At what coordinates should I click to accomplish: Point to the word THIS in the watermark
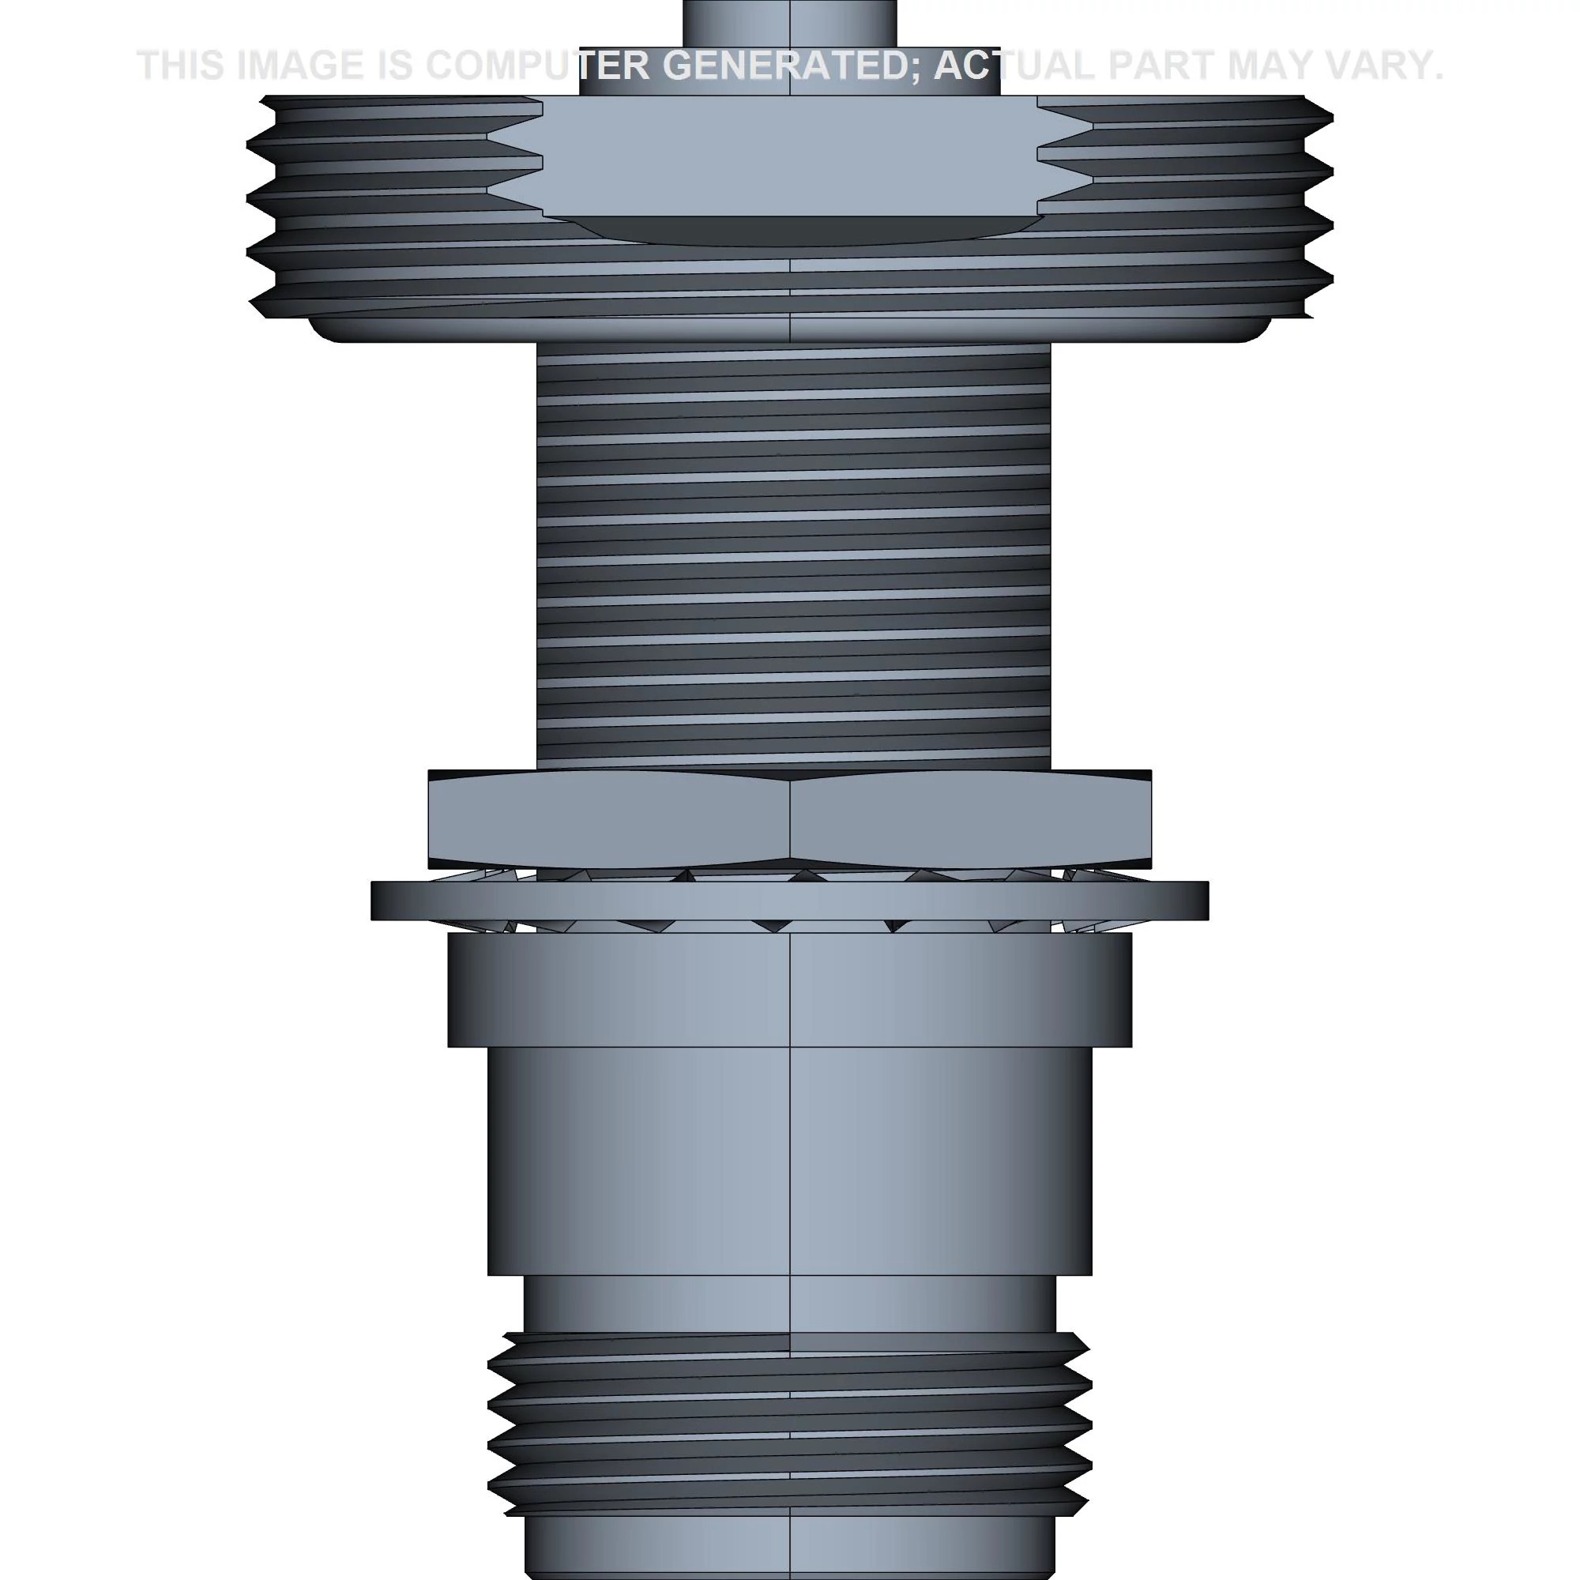coord(182,66)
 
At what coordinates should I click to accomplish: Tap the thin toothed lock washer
coord(790,901)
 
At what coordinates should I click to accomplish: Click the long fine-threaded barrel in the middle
coord(793,556)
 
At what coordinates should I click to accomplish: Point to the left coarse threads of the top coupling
coord(368,205)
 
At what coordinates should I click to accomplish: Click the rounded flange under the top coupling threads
coord(790,329)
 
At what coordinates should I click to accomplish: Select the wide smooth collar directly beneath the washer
coord(790,990)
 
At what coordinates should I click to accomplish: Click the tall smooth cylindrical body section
coord(790,1161)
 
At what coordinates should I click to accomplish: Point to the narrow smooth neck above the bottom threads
coord(790,1303)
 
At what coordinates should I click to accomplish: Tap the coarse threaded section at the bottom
coord(790,1423)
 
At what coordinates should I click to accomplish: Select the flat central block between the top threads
coord(790,156)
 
